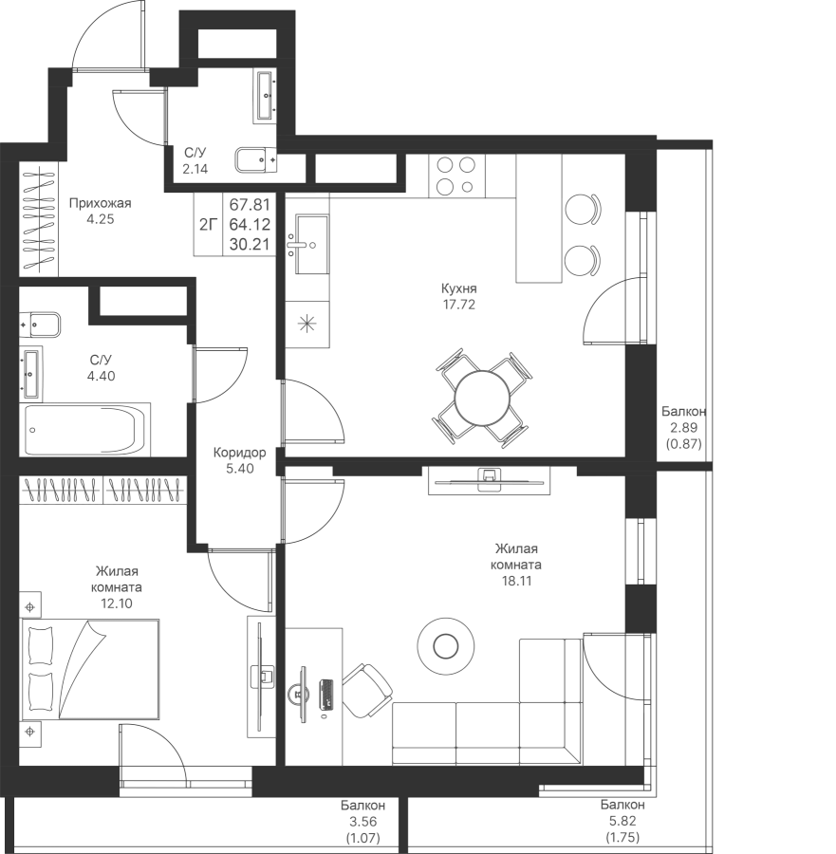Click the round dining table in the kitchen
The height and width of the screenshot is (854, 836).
pyautogui.click(x=480, y=396)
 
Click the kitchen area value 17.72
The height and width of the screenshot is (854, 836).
pyautogui.click(x=458, y=306)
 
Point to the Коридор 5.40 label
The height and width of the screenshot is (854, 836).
pyautogui.click(x=239, y=460)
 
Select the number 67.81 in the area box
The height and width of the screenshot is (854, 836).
pyautogui.click(x=248, y=203)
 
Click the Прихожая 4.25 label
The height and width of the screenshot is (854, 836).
pyautogui.click(x=100, y=210)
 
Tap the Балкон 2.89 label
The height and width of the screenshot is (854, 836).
pyautogui.click(x=682, y=426)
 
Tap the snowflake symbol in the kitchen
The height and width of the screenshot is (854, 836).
pyautogui.click(x=307, y=323)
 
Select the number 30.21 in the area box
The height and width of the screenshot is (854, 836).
pyautogui.click(x=248, y=245)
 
